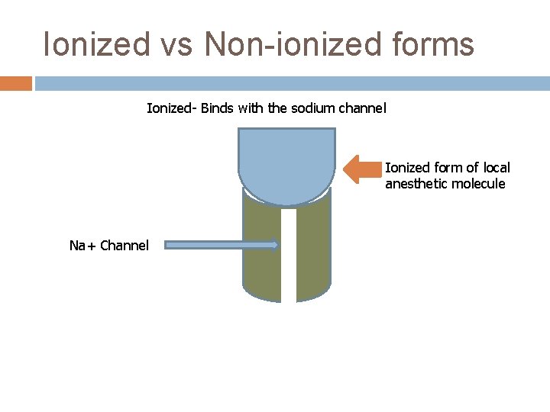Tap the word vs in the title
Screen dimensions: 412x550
[x=176, y=44]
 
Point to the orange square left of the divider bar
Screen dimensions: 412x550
[x=15, y=82]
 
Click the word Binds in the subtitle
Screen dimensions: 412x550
[x=218, y=108]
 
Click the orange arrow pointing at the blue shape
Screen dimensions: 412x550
[x=363, y=169]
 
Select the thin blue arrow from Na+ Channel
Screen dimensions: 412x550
[x=222, y=245]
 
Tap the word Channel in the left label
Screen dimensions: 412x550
[x=125, y=246]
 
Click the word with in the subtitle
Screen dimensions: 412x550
[x=250, y=108]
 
